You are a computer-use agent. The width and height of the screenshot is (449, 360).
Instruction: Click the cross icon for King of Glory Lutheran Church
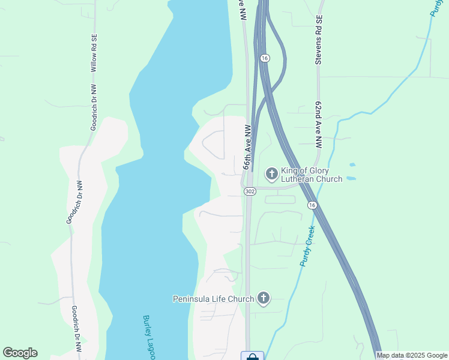271,174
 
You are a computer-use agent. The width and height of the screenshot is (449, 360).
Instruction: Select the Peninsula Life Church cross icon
263,298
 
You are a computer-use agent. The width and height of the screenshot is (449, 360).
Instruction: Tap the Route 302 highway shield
250,191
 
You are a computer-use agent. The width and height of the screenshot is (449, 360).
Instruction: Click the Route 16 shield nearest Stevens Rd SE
265,58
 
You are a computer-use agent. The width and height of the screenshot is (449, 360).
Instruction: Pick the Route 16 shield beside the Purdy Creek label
312,205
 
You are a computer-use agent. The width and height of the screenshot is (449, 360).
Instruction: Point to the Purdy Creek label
307,246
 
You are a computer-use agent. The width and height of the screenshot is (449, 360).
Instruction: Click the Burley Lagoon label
148,337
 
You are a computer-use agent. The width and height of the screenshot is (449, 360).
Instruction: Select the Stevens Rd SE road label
319,40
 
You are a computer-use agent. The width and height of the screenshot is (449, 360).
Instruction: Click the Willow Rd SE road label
94,53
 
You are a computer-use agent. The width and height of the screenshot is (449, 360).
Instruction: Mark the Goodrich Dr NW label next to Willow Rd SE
94,107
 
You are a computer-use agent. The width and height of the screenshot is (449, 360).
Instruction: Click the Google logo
20,353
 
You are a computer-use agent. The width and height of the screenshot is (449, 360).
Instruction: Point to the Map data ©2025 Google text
412,355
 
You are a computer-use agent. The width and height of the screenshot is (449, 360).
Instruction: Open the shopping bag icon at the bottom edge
252,356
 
